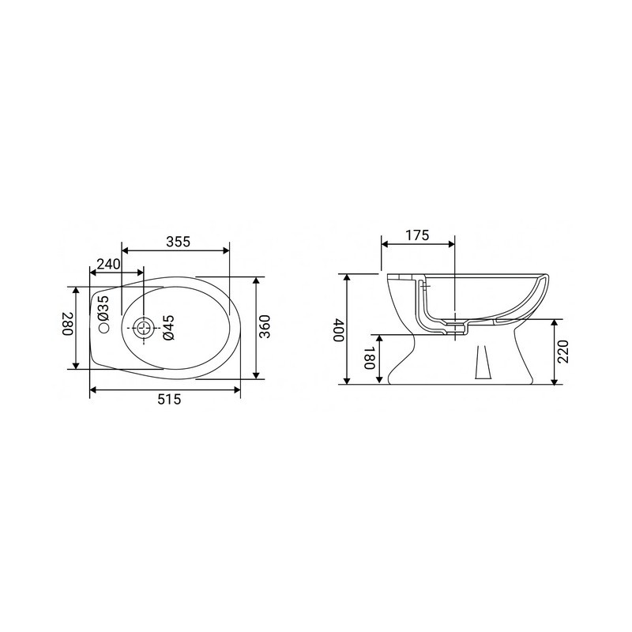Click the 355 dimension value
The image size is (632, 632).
179,242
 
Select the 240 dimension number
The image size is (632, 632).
108,264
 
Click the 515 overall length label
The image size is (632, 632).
168,400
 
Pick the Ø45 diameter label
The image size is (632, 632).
167,328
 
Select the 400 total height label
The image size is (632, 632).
339,329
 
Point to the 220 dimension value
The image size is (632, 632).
562,352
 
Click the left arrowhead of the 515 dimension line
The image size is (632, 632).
92,389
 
